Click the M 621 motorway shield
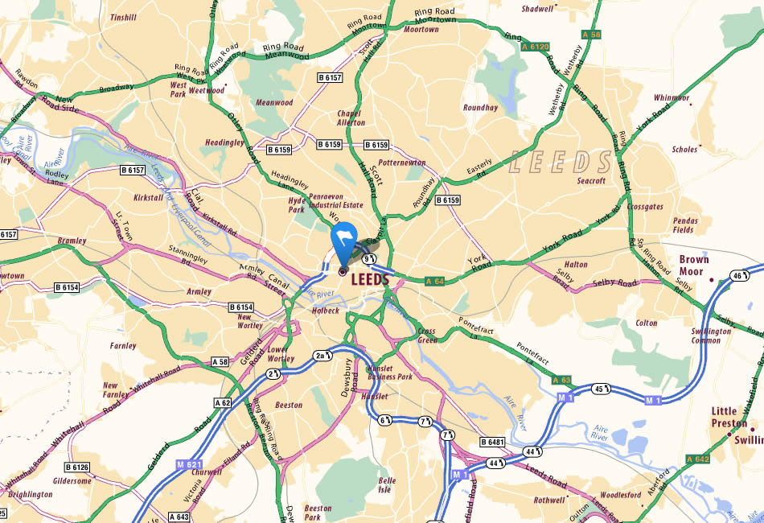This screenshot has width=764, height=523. [x=186, y=465]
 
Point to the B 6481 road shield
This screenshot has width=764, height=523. [x=493, y=442]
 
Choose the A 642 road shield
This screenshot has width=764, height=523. [x=697, y=459]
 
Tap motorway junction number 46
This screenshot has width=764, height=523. [x=737, y=276]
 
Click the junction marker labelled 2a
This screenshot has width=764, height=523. [x=321, y=355]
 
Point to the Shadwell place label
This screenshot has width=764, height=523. [x=538, y=9]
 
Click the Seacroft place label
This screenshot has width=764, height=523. [x=591, y=181]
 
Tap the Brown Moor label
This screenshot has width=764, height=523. [x=694, y=266]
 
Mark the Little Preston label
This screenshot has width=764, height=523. [x=729, y=417]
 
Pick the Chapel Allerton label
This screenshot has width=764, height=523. [x=351, y=117]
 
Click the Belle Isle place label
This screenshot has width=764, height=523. [x=387, y=485]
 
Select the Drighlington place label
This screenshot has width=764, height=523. [x=31, y=495]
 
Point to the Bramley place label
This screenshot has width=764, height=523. [x=72, y=241]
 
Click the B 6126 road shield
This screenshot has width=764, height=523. [x=77, y=467]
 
